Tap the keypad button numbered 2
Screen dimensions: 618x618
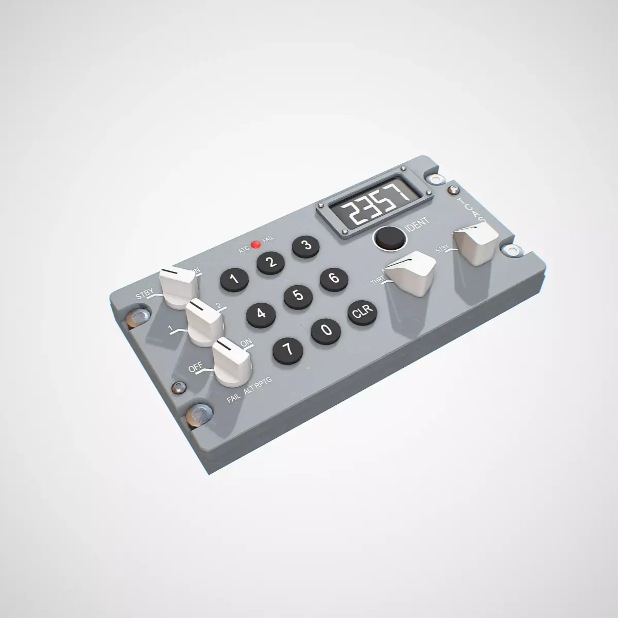click(x=271, y=263)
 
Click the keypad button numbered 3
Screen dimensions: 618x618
click(x=307, y=246)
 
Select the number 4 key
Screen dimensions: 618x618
click(x=261, y=313)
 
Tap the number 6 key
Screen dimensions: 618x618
click(x=334, y=279)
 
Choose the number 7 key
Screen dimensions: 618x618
click(x=288, y=350)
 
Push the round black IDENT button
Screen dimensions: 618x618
click(x=388, y=237)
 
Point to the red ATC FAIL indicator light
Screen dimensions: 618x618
click(x=254, y=244)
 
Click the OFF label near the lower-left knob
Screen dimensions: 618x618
click(x=195, y=368)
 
